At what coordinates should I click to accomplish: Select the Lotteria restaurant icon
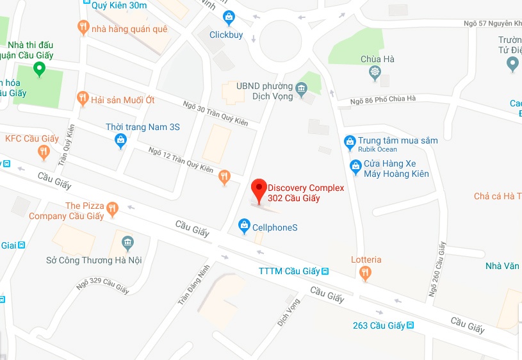pos(365,274)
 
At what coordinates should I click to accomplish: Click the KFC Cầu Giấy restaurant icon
pos(44,152)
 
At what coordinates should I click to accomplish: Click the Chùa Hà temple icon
pos(375,73)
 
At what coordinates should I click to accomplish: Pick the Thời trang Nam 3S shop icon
pos(120,142)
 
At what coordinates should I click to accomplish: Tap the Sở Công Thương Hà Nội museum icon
pos(127,243)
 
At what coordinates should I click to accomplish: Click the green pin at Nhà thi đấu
pos(40,69)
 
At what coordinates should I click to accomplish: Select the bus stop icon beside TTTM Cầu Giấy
pos(325,271)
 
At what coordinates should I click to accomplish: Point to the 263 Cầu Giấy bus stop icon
pos(410,325)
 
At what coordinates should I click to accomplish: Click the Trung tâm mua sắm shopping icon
pos(350,142)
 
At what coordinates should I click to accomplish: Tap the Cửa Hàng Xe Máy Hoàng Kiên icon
pos(355,167)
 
